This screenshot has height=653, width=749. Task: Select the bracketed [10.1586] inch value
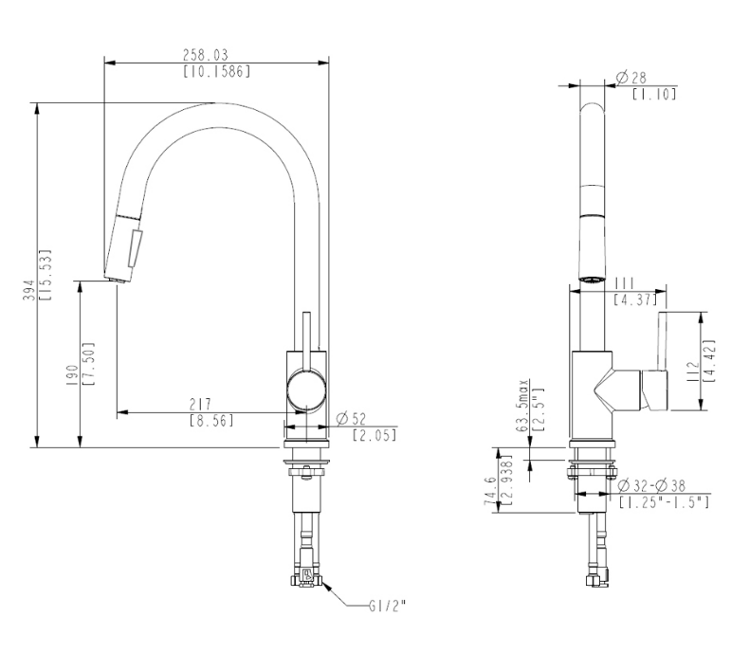[x=216, y=70]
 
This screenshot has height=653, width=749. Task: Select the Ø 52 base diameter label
[x=353, y=419]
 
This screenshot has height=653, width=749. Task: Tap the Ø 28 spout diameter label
[x=630, y=77]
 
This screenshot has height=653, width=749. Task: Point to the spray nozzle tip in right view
[x=591, y=278]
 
